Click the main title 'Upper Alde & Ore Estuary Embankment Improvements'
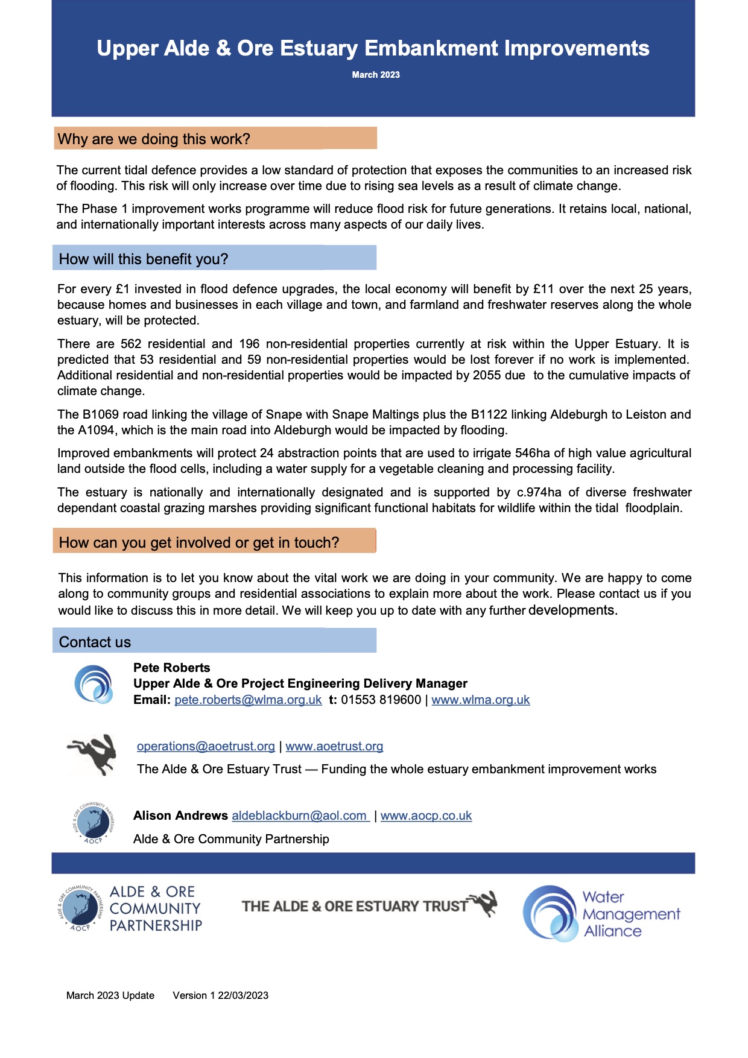click(x=373, y=48)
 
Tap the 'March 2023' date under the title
click(x=376, y=75)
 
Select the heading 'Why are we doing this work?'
click(x=154, y=139)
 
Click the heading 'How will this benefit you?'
click(x=144, y=259)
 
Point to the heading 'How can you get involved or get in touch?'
click(x=199, y=542)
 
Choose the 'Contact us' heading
click(x=95, y=642)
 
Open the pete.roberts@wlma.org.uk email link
click(x=248, y=700)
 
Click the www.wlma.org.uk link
click(x=481, y=700)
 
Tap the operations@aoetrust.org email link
click(x=206, y=746)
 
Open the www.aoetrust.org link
click(x=334, y=746)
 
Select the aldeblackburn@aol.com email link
click(x=300, y=816)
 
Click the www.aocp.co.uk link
click(x=426, y=816)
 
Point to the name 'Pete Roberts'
click(x=172, y=668)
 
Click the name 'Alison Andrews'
click(x=180, y=816)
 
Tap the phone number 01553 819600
click(x=381, y=700)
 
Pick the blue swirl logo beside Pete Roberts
click(x=93, y=684)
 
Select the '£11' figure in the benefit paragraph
click(x=544, y=289)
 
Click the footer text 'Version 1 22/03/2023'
click(x=220, y=995)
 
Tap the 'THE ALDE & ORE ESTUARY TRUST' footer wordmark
click(x=355, y=906)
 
